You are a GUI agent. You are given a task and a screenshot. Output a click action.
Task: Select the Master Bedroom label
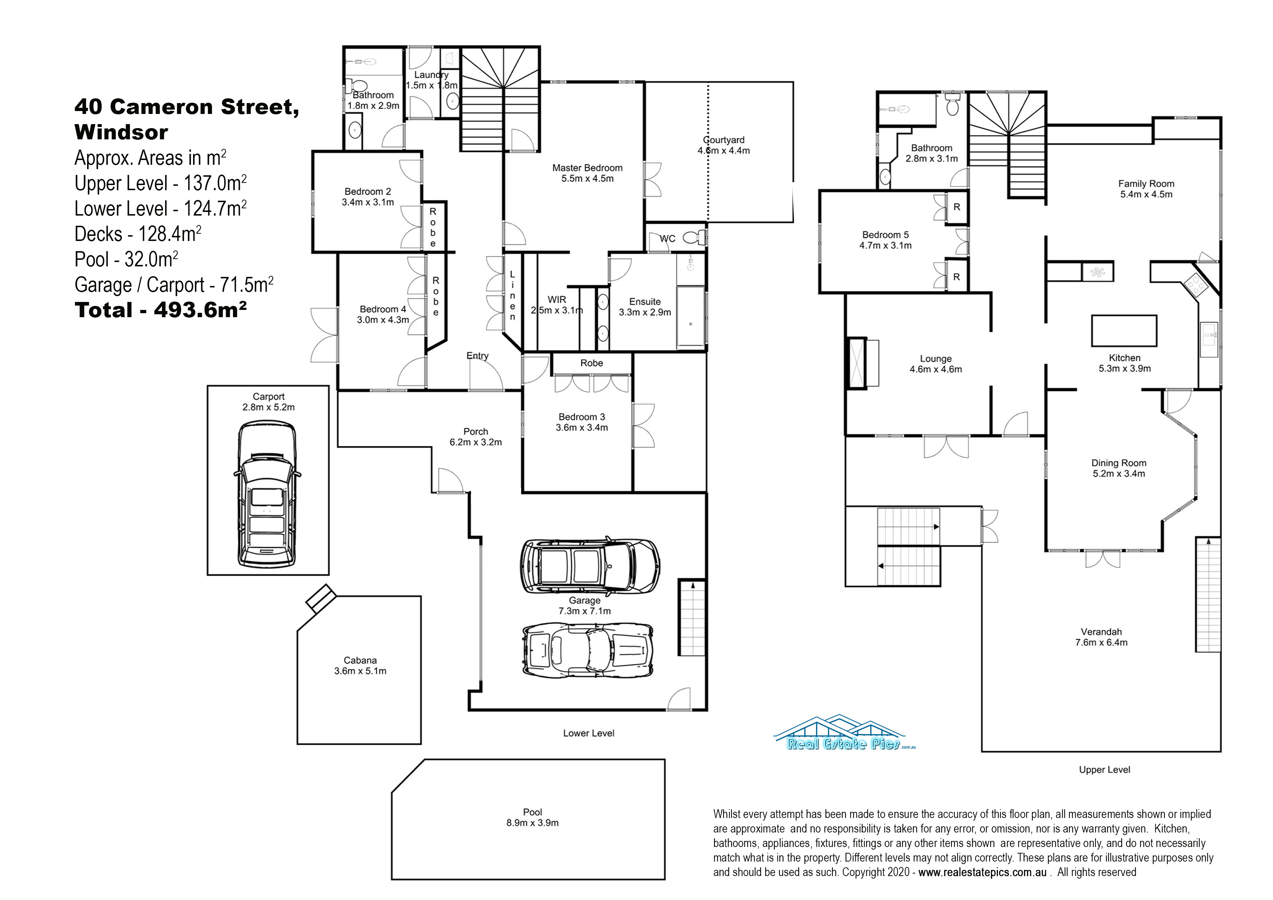tap(587, 168)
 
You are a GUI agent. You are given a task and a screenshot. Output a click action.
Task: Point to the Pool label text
tap(532, 813)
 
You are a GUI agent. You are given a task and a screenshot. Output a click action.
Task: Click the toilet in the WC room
tap(695, 238)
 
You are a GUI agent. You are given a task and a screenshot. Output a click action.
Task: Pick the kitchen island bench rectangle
tap(1124, 331)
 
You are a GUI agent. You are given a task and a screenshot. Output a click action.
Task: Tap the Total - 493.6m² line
tap(161, 310)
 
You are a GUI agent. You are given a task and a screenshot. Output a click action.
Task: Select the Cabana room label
tap(360, 660)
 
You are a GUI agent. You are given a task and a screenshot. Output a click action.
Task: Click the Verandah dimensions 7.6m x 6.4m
tap(1101, 643)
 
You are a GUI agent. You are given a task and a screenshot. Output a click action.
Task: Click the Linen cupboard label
tap(512, 295)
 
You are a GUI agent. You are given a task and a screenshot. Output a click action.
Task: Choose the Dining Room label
tap(1119, 463)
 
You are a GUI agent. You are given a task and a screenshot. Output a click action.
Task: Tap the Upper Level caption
tap(1105, 770)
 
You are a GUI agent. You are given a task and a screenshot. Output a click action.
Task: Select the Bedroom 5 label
tap(885, 235)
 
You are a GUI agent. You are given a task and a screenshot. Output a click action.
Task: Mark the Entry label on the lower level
tap(478, 356)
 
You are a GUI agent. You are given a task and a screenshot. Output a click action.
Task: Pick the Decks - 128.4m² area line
tap(138, 234)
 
